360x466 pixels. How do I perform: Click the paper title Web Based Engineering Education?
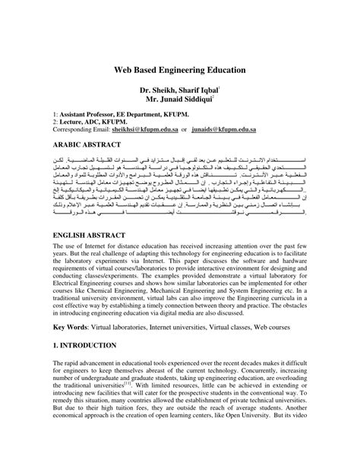(x=180, y=69)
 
